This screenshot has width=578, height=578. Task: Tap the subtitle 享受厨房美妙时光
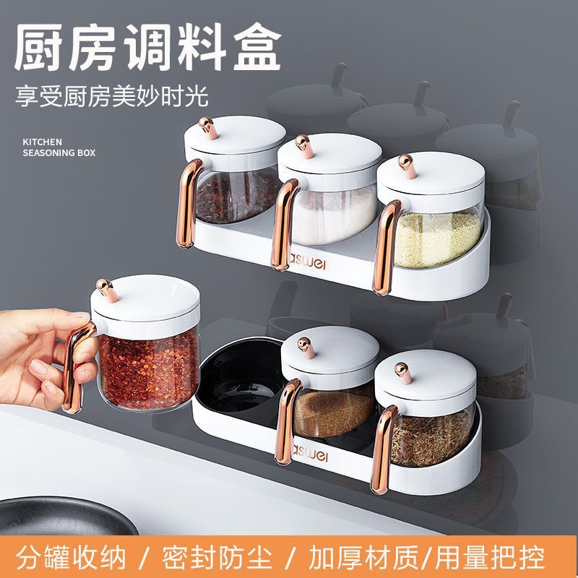tap(116, 95)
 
